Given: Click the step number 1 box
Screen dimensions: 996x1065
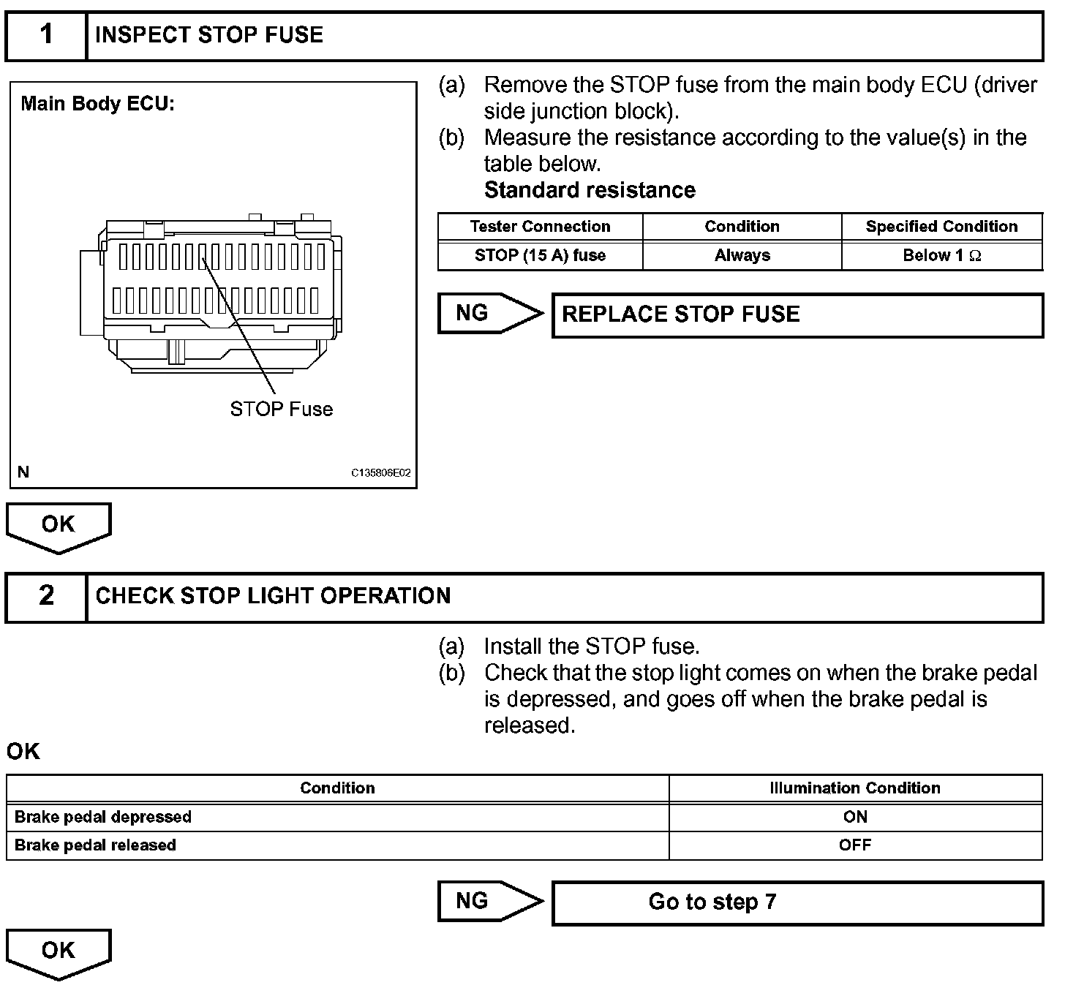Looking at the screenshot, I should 46,35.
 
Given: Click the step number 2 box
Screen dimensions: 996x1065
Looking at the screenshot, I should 46,596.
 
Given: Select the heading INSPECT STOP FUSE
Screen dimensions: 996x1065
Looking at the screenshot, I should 209,35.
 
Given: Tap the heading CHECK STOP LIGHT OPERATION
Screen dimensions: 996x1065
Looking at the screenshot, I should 273,596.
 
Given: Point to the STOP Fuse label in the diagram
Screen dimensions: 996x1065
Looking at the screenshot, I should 281,409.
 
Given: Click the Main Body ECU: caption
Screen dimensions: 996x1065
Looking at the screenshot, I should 97,104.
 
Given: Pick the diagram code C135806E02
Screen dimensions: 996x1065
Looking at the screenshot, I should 380,473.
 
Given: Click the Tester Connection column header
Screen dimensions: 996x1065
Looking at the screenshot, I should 540,227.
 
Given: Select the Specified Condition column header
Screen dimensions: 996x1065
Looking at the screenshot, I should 941,227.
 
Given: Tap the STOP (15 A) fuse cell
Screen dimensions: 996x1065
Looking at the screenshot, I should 540,255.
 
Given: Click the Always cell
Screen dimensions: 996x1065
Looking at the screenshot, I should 742,255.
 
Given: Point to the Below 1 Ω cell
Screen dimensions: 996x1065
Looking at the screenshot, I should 941,255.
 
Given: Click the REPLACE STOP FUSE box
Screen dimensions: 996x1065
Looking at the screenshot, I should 797,315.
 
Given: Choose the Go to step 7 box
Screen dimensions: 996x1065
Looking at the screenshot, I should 797,902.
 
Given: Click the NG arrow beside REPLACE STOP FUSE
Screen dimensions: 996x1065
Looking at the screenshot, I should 489,314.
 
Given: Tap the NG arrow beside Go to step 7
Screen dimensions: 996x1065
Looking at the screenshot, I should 489,901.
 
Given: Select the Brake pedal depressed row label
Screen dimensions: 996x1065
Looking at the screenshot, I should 103,817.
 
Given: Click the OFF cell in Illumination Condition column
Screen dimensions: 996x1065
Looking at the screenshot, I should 854,845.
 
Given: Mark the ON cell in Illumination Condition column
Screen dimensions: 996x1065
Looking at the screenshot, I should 854,817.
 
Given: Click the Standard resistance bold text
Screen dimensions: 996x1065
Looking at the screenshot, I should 590,190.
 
